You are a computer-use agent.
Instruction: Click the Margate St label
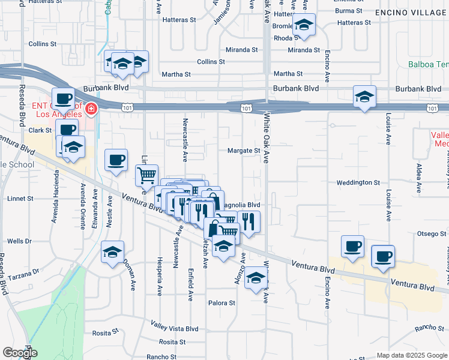click(x=243, y=151)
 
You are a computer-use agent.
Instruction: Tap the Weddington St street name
click(x=358, y=182)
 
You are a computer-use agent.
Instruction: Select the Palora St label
click(x=221, y=303)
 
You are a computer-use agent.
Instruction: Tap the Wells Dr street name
click(x=19, y=241)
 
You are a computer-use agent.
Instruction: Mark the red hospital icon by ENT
click(x=91, y=109)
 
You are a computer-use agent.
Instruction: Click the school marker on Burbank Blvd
click(x=364, y=96)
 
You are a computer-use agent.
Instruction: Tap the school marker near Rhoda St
click(x=304, y=25)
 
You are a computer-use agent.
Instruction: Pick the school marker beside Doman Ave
click(x=112, y=251)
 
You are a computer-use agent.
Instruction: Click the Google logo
click(x=20, y=353)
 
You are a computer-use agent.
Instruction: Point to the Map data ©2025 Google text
click(x=412, y=355)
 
